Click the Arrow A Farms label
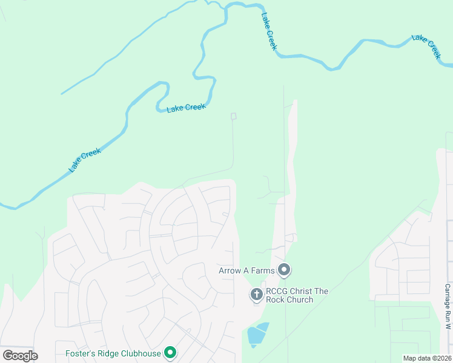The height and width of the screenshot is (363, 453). coord(246,270)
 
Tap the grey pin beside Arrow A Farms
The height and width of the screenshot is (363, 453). coord(285,270)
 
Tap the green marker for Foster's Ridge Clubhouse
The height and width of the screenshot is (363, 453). coord(171,353)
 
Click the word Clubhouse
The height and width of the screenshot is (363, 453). coord(141,353)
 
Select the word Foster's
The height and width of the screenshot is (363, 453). coord(81,353)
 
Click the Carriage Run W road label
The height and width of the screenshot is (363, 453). coord(448,307)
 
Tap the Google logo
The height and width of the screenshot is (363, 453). coord(20,355)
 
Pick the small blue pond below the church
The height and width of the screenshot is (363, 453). coord(257,335)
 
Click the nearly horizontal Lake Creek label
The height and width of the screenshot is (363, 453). coord(187,108)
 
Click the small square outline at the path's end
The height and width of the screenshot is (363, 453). coord(234,116)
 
